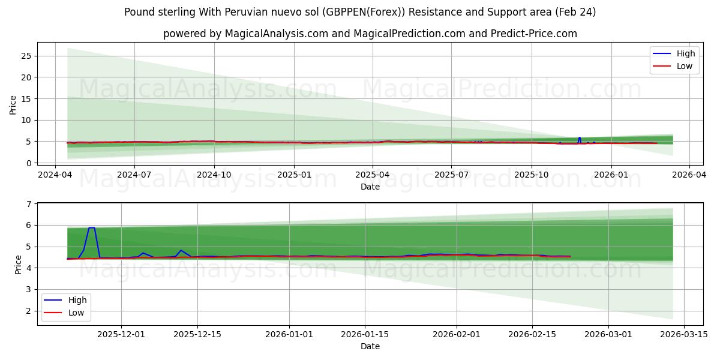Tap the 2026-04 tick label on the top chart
689,175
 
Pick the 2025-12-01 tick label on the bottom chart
121,334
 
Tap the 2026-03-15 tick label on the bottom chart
684,334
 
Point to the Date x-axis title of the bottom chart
370,346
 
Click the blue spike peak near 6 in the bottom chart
91,228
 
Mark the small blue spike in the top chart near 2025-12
579,137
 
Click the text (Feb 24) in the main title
575,12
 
